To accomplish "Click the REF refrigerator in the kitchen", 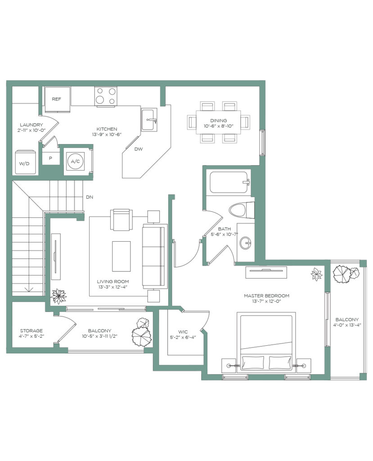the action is pyautogui.click(x=57, y=99).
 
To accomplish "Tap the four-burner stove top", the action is pyautogui.click(x=106, y=96).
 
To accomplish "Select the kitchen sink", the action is pyautogui.click(x=149, y=119).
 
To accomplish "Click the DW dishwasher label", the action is pyautogui.click(x=139, y=149).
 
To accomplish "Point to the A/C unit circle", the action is pyautogui.click(x=75, y=161).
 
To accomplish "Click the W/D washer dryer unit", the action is pyautogui.click(x=26, y=162).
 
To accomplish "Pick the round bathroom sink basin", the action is pyautogui.click(x=245, y=243).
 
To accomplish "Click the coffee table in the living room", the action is pyautogui.click(x=121, y=256).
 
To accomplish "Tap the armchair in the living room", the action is pyautogui.click(x=120, y=220).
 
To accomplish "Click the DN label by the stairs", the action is pyautogui.click(x=90, y=197).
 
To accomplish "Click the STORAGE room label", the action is pyautogui.click(x=31, y=330).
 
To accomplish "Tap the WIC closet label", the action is pyautogui.click(x=183, y=332).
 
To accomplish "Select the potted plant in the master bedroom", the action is pyautogui.click(x=317, y=274).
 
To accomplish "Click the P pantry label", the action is pyautogui.click(x=50, y=158).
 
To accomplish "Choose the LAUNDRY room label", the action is pyautogui.click(x=31, y=125).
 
